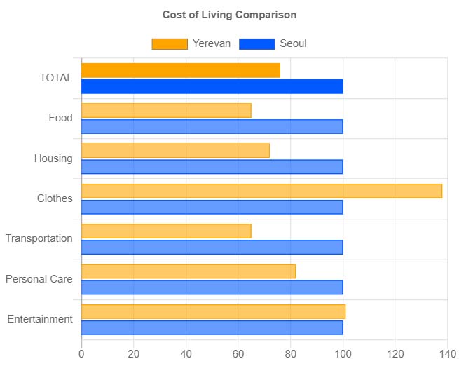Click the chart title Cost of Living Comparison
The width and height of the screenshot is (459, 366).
229,15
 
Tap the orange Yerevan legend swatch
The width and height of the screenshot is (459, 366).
170,44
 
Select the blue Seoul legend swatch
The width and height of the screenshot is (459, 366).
256,44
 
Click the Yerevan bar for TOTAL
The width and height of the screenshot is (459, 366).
181,70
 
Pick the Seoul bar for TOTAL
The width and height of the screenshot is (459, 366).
212,86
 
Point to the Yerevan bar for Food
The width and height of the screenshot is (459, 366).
166,110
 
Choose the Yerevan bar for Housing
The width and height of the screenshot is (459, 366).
175,150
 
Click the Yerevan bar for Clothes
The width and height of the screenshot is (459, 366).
261,191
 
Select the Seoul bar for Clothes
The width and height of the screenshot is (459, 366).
212,207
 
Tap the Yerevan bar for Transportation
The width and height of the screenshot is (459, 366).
166,231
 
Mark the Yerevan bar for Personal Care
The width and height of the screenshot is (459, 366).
189,271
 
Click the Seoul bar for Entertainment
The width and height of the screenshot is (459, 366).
212,327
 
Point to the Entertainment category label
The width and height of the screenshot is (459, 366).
40,319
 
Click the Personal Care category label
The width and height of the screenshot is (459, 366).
39,279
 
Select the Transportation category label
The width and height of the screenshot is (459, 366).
39,238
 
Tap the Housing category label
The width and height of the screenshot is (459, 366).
53,158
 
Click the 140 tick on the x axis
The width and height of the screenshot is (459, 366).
447,354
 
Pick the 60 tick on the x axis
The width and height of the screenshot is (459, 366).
238,354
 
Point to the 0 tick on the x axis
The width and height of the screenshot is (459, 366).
82,354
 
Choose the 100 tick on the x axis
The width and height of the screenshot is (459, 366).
343,354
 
